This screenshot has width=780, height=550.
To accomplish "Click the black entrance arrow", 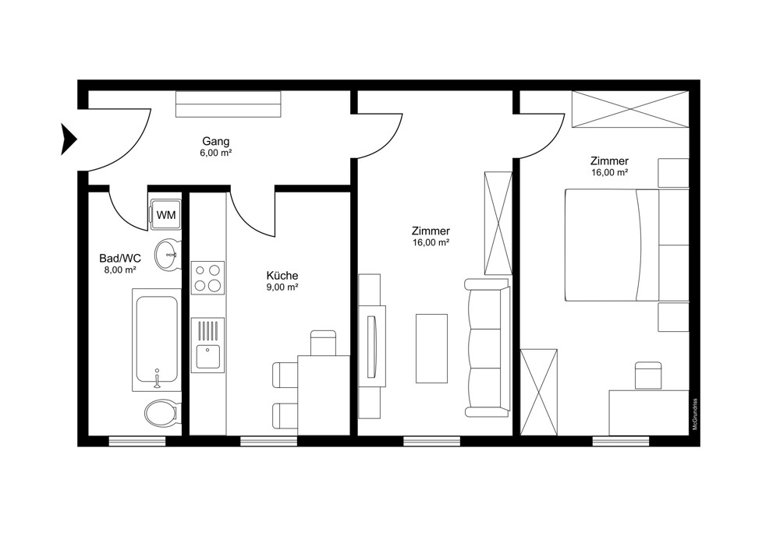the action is click(x=68, y=139).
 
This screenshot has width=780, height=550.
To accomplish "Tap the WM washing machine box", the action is click(x=165, y=215).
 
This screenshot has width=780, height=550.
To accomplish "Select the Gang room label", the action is click(x=216, y=142).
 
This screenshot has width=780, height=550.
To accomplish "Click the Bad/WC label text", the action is click(x=120, y=259).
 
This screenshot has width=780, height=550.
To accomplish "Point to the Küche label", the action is click(x=282, y=276).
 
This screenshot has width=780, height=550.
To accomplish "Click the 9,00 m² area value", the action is click(x=282, y=287).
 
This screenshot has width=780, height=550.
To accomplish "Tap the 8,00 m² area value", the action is click(x=120, y=270).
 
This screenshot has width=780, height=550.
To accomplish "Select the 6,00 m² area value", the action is click(x=216, y=153).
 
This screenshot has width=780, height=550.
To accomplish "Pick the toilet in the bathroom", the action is click(x=161, y=412).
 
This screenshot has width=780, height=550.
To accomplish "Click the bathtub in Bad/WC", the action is click(x=157, y=340).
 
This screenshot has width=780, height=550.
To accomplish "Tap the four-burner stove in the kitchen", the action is click(x=208, y=278).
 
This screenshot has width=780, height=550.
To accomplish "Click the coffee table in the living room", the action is click(x=431, y=348).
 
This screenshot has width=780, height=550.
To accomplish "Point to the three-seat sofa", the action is click(x=487, y=347).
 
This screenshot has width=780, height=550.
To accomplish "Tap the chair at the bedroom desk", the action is click(x=648, y=375).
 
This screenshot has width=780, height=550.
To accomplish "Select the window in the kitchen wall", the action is click(x=268, y=441).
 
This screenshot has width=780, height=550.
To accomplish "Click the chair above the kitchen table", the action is click(x=324, y=343).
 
